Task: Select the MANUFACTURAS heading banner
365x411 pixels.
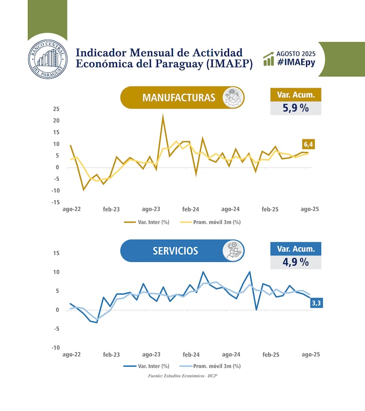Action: click(x=179, y=98)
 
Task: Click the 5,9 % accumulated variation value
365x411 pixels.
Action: click(x=296, y=108)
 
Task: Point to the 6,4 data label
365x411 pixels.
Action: click(x=308, y=144)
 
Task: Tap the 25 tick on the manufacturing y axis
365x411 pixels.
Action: click(x=56, y=109)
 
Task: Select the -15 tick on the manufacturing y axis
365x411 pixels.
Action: click(x=55, y=202)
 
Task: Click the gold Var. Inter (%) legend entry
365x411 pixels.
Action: click(x=147, y=222)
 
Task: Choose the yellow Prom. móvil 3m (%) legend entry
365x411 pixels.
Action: click(x=210, y=222)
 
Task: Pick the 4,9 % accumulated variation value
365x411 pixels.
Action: click(x=296, y=261)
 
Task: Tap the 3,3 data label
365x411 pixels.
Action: click(x=316, y=303)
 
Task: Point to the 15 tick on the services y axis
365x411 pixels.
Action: click(x=56, y=253)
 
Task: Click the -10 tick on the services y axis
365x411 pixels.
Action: click(x=55, y=348)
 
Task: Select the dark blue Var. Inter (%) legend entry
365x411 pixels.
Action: click(x=147, y=366)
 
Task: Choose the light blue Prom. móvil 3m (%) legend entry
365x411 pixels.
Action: click(x=210, y=366)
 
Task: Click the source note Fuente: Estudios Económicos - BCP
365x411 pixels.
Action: click(x=182, y=376)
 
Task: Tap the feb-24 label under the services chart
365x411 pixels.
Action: click(x=191, y=355)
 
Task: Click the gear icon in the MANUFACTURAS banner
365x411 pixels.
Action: click(x=233, y=98)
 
